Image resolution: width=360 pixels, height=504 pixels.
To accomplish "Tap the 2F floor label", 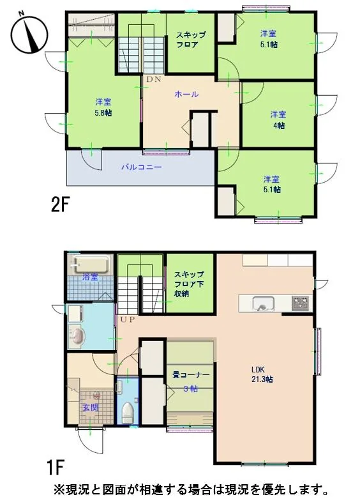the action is click(61, 206).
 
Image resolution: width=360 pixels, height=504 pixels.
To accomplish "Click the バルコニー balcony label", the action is click(141, 167).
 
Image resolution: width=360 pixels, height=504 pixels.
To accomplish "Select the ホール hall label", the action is click(186, 94).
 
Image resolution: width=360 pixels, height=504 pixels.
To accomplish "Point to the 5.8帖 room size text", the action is click(103, 113).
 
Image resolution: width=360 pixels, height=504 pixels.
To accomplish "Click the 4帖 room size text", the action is click(279, 126).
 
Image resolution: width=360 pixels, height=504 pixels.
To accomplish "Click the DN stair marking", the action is click(153, 79).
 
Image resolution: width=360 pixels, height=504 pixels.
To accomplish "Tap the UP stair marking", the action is click(128, 320).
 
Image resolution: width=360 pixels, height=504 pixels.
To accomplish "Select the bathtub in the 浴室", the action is click(91, 264).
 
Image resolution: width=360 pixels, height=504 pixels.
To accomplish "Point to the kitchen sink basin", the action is click(264, 304).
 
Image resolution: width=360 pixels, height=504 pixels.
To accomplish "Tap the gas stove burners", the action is click(301, 303).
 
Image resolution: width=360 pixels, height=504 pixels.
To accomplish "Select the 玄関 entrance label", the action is click(90, 408).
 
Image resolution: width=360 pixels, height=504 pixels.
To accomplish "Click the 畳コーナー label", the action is click(191, 375).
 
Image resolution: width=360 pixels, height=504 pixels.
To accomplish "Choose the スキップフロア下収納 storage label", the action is click(189, 284).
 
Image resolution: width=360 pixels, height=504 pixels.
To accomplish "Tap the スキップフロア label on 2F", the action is click(191, 40).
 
